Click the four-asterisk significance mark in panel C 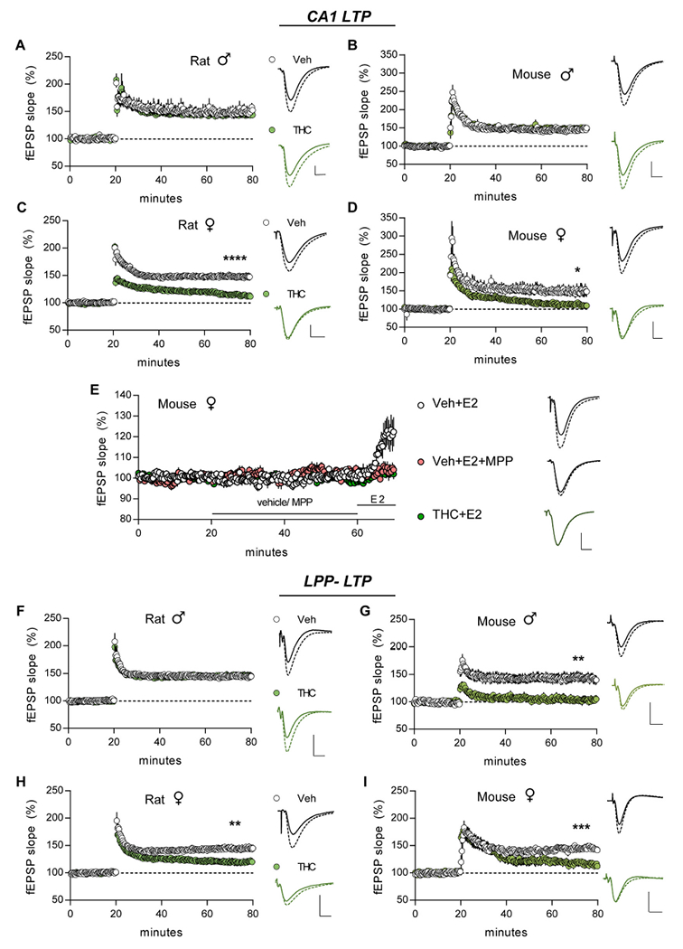(237, 260)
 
